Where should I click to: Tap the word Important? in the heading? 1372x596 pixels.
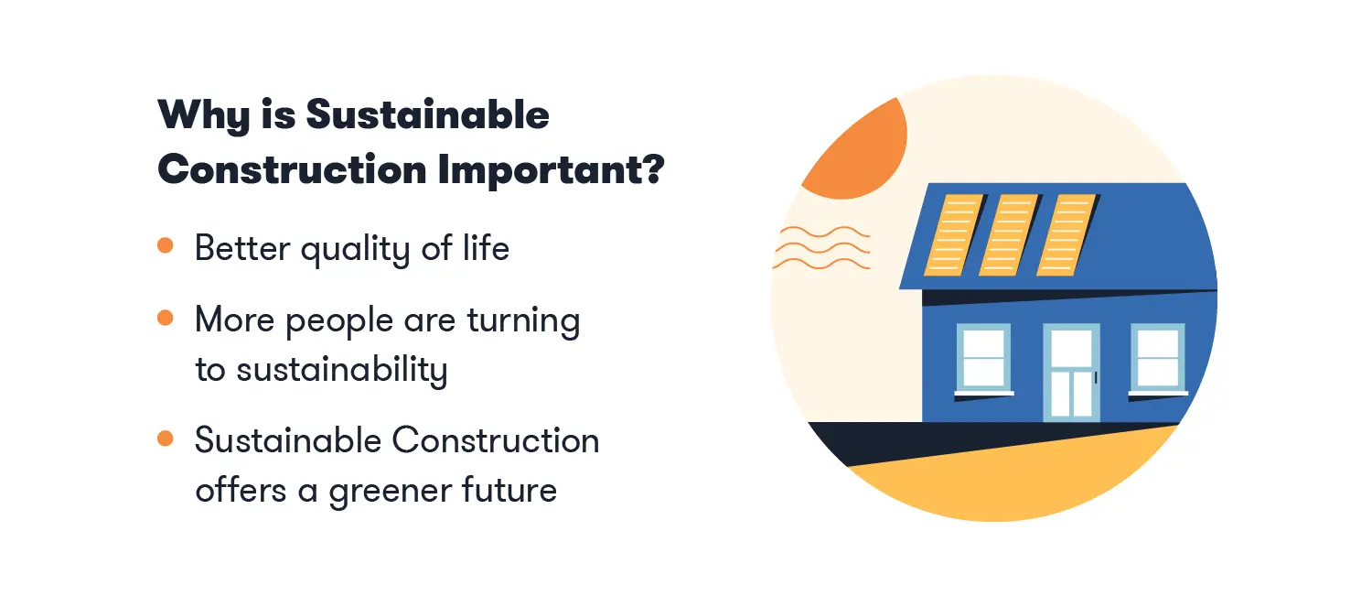(x=552, y=169)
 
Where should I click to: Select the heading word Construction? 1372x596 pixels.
(x=292, y=169)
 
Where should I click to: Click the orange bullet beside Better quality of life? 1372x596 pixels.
(x=166, y=245)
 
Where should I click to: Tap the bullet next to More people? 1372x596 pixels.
(x=166, y=318)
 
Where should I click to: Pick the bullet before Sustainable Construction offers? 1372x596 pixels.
(x=166, y=439)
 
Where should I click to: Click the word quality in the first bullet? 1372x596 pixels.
(x=355, y=250)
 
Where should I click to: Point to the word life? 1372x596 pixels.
(x=486, y=248)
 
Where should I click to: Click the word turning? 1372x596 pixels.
(x=524, y=321)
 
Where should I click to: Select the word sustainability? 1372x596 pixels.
(x=342, y=370)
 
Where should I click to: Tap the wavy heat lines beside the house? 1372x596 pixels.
(x=821, y=248)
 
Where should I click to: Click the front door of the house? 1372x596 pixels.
(x=1071, y=373)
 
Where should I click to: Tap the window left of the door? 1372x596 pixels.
(x=983, y=359)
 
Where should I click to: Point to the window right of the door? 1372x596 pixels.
(x=1158, y=359)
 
